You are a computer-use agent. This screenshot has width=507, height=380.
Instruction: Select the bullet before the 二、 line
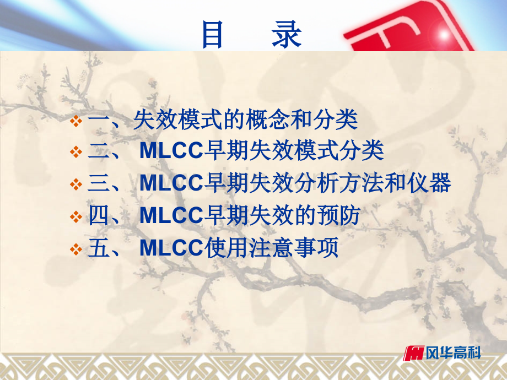pos(77,152)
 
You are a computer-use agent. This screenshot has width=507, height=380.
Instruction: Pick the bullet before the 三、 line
pos(77,184)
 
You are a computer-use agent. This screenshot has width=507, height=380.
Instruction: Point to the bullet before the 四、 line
pos(77,216)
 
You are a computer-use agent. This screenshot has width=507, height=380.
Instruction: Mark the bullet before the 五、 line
pos(77,249)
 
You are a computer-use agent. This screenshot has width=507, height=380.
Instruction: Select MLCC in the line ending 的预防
pos(171,216)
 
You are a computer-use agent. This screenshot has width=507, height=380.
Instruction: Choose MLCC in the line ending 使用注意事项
pos(171,248)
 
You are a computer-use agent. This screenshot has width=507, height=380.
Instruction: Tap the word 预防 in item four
pos(343,216)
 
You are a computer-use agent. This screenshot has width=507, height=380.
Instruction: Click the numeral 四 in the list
pos(99,216)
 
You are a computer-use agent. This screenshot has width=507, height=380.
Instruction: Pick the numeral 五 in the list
pos(99,248)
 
